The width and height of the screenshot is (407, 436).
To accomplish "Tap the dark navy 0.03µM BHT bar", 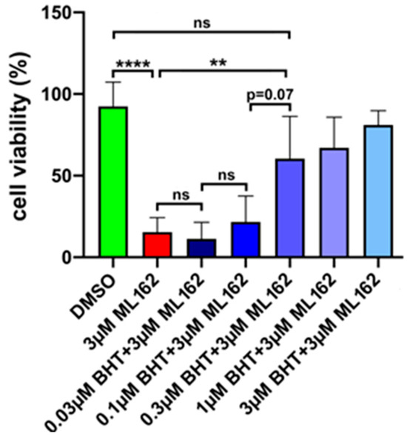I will (200, 248).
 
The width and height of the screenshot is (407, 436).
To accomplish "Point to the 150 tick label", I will (67, 13).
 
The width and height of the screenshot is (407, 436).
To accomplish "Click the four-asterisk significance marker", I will (133, 64).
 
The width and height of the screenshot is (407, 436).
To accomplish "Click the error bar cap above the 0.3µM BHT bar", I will (287, 116).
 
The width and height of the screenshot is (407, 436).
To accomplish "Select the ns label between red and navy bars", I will (178, 195).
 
